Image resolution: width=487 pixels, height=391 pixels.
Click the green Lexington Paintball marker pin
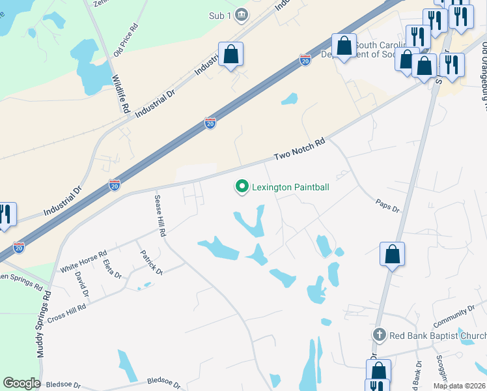[x=242, y=187]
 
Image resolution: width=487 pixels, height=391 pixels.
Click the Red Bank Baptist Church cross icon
[x=380, y=336]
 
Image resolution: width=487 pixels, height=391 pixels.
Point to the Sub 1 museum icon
[x=242, y=15]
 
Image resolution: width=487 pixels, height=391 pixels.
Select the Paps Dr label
[x=387, y=205]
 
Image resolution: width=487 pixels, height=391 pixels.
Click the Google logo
[x=21, y=383]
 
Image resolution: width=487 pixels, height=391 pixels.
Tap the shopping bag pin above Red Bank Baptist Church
[x=393, y=253]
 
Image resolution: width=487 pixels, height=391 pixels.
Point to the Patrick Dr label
[x=149, y=260]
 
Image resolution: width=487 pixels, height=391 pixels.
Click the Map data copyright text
[x=459, y=386]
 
